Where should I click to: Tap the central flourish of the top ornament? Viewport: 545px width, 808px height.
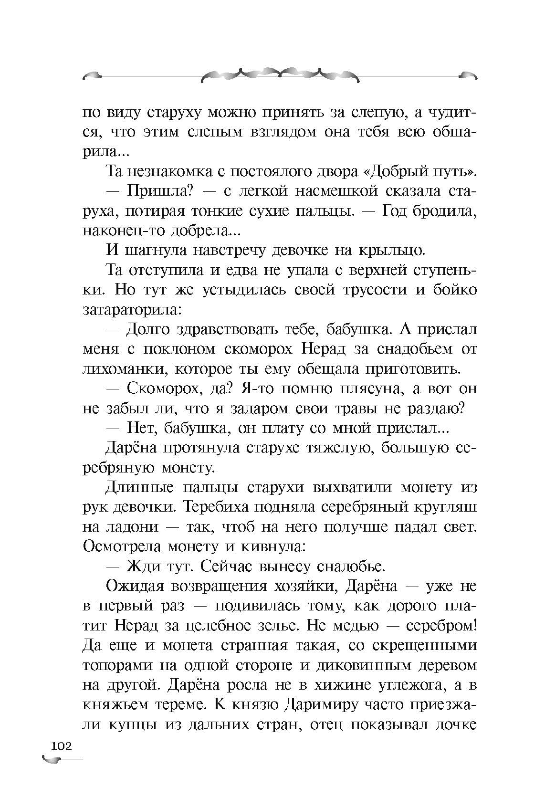tap(280, 74)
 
